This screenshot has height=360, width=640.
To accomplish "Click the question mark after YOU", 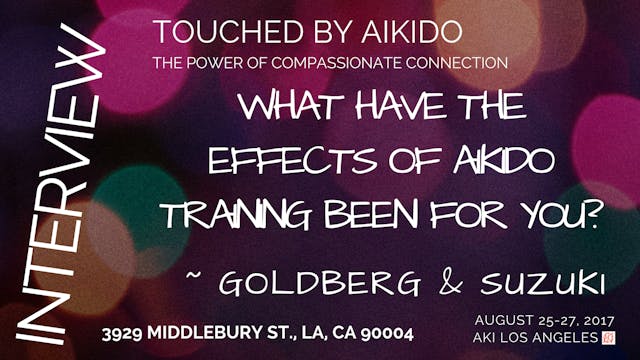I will click(591, 215).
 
